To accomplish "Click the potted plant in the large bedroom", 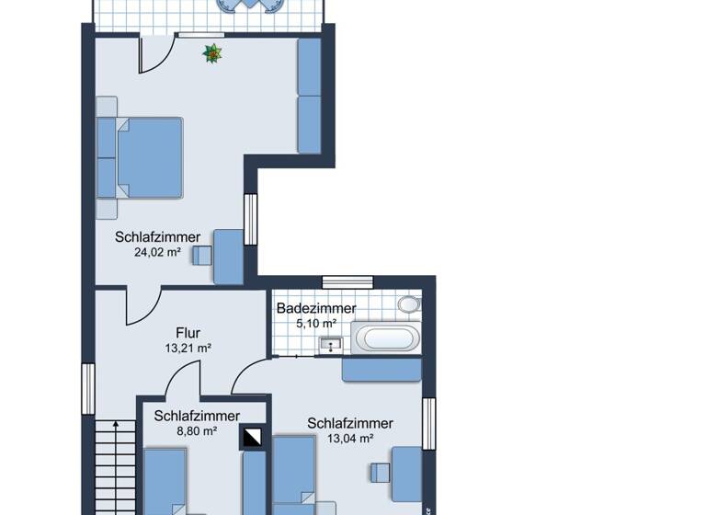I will (213, 54).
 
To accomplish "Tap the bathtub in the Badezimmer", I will (387, 337).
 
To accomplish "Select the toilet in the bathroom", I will (409, 304).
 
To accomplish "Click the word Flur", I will (188, 333).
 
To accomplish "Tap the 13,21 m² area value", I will (188, 349).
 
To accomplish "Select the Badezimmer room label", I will (316, 309).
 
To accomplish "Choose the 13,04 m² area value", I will (349, 439).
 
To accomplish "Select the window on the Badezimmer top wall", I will (347, 280).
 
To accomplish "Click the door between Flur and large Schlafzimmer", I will (142, 305).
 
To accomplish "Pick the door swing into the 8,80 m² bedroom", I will (184, 379).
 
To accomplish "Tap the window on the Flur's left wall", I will (88, 388).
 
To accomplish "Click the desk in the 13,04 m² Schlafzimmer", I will (406, 474).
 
